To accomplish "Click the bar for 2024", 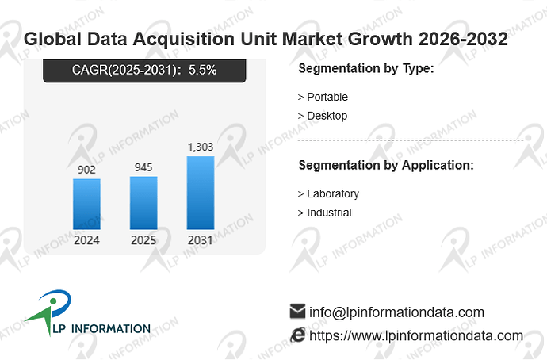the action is pos(86,204).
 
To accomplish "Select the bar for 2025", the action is pos(143,203).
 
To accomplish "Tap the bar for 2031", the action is pos(201,193).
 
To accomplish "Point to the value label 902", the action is pos(86,170).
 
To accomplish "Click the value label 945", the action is pos(143,167).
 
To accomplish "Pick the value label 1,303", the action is pos(201,147).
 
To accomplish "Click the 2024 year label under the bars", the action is pos(86,240).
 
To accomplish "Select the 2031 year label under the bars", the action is pos(201,240).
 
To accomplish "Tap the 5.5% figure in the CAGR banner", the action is pos(203,70).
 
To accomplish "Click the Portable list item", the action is pos(323,97).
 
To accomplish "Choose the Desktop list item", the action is pos(323,116).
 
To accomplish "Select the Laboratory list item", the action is pos(329,193).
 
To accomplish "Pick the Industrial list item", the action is pos(325,213).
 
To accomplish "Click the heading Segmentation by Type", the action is pos(366,68).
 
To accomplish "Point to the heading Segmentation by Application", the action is pos(386,165).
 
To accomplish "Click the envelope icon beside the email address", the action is pos(297,312).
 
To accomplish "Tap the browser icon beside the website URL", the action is pos(298,335).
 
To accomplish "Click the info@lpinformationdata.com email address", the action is pos(396,312).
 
